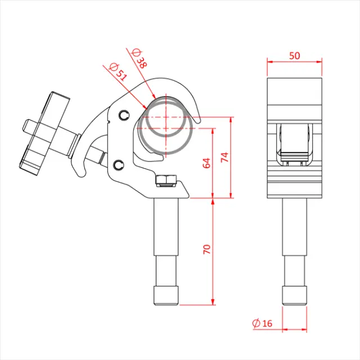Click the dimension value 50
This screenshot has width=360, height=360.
(x=294, y=55)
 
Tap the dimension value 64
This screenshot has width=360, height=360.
(x=206, y=164)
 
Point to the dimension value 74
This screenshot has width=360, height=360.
(x=225, y=158)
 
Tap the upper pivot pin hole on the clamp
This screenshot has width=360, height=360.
(x=123, y=115)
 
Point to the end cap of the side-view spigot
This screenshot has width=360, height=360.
(x=165, y=295)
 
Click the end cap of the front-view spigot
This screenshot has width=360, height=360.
(x=294, y=295)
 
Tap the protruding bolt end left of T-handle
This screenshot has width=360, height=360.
(x=26, y=124)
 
